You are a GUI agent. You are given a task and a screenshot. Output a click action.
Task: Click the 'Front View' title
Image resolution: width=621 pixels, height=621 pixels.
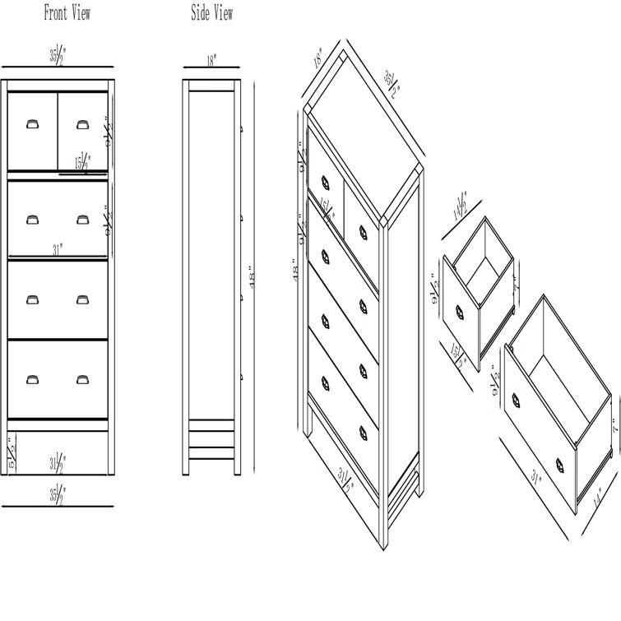click(x=67, y=13)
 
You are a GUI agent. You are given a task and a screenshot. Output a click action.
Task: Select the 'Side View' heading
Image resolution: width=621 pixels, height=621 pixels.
click(x=211, y=13)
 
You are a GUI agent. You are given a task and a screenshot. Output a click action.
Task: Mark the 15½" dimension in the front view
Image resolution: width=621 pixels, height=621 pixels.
click(x=83, y=163)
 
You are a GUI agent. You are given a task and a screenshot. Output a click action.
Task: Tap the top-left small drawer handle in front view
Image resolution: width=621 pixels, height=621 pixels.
click(x=32, y=124)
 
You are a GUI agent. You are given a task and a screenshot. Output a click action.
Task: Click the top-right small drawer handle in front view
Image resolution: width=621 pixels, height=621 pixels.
click(x=82, y=124)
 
